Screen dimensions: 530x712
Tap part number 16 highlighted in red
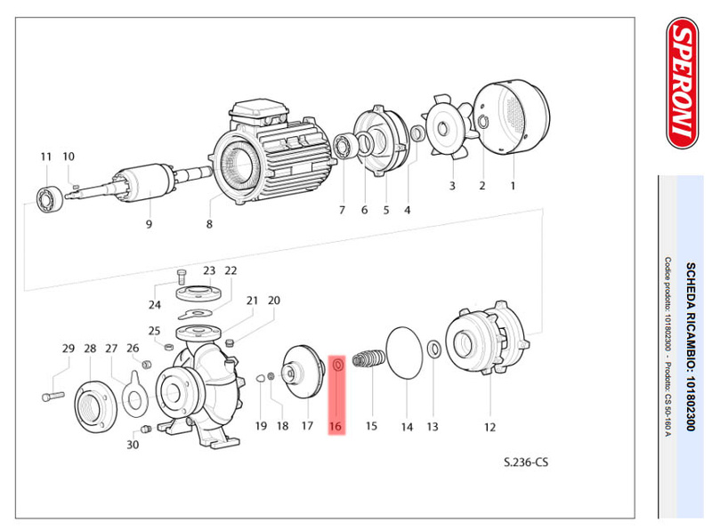[336, 427]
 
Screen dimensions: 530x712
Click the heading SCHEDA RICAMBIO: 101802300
[688, 348]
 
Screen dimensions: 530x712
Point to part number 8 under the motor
[209, 224]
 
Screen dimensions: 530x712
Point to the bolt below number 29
[53, 392]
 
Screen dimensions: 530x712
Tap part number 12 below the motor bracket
[489, 428]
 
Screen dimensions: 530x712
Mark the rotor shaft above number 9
[142, 186]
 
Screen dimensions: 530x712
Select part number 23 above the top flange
[209, 270]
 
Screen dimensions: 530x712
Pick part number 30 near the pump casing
[133, 444]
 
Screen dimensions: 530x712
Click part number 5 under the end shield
[386, 211]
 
